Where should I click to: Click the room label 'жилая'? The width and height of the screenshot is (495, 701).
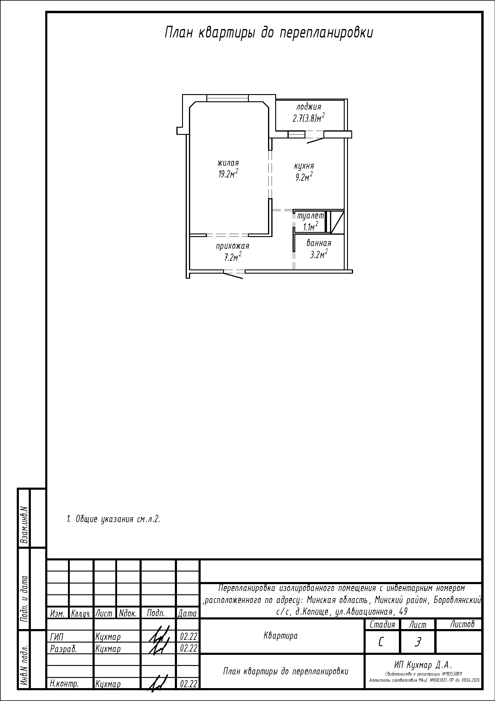[228, 163]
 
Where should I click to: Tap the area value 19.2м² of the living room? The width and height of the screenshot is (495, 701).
[228, 174]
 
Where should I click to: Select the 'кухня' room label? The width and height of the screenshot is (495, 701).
[304, 166]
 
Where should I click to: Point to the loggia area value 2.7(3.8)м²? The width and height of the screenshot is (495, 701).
[308, 117]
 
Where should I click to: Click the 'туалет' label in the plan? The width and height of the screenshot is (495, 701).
[310, 216]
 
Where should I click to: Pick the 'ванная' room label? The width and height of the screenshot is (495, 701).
[319, 243]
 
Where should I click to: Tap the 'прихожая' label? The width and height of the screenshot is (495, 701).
[232, 246]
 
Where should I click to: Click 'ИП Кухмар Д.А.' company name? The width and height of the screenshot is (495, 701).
[423, 665]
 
